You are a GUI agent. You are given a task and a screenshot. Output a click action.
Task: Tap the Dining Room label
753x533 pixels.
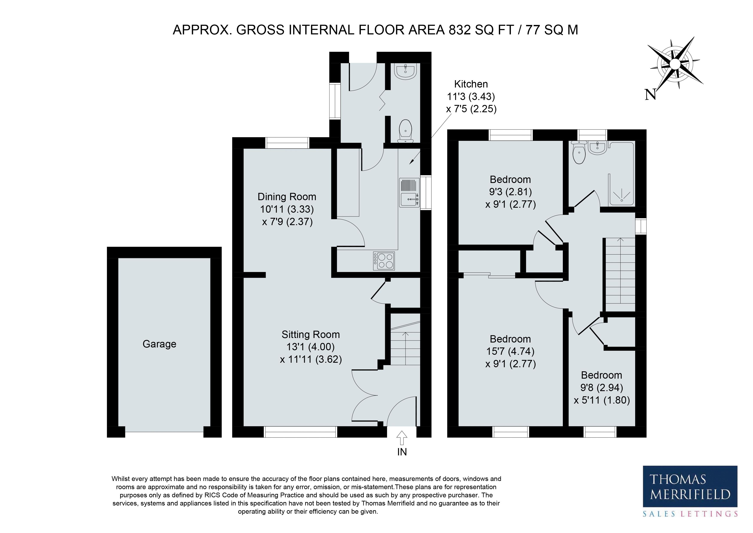click(x=287, y=197)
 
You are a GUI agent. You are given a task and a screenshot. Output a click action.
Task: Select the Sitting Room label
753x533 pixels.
click(x=311, y=335)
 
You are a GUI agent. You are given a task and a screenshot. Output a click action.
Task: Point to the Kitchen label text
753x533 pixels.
click(x=471, y=84)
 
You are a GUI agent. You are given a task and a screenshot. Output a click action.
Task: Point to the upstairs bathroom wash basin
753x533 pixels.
click(x=598, y=148)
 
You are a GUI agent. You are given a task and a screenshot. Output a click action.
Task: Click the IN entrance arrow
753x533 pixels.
click(x=402, y=438)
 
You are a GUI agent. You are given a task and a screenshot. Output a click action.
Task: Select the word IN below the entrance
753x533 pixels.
click(x=402, y=452)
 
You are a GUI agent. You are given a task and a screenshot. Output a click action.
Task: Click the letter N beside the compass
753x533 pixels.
click(x=650, y=95)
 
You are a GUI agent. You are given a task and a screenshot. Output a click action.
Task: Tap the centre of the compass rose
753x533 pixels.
click(x=675, y=64)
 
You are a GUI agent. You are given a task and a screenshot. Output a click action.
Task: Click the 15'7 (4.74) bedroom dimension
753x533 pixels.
click(x=510, y=351)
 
